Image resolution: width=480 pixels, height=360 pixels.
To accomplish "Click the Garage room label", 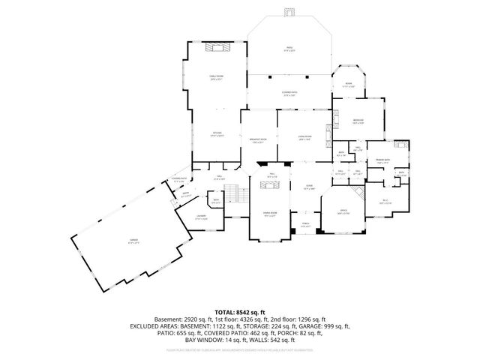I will click(x=133, y=241).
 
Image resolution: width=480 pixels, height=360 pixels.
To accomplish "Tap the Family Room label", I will click(x=215, y=77).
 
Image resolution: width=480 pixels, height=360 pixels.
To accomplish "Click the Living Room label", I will click(x=305, y=138).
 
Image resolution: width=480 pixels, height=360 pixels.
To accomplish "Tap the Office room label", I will click(x=343, y=212).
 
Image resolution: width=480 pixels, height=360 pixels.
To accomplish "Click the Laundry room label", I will click(x=201, y=217).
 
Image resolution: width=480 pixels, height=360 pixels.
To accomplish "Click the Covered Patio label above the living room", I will click(x=291, y=94).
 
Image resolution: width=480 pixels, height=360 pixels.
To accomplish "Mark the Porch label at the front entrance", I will click(x=305, y=224).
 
